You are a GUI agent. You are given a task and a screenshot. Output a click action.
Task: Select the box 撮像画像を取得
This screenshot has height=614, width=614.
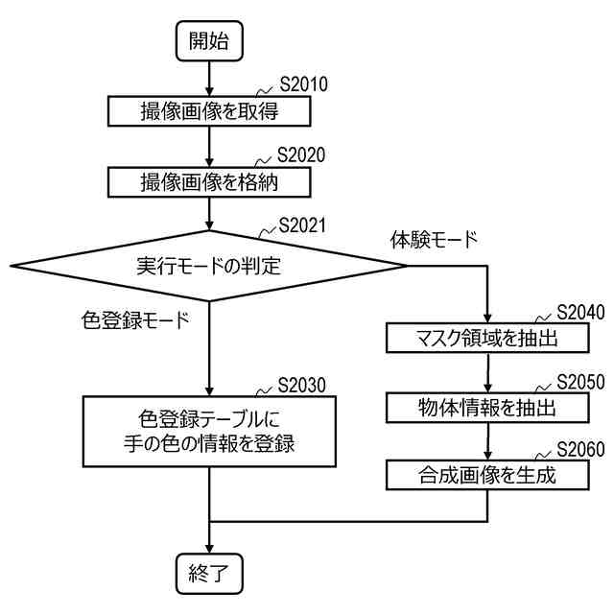(x=209, y=110)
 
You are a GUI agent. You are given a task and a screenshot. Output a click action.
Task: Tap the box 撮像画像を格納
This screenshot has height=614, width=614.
(x=209, y=180)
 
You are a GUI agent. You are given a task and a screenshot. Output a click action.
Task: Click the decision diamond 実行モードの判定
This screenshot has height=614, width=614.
(x=209, y=266)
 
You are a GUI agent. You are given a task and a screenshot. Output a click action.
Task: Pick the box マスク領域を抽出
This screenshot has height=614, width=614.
(x=487, y=338)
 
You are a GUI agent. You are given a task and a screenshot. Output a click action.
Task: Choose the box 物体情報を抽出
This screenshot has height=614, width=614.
(x=487, y=407)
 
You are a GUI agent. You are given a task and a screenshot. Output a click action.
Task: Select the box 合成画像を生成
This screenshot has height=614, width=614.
(x=487, y=474)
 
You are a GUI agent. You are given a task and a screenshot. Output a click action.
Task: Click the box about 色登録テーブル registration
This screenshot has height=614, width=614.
(x=209, y=430)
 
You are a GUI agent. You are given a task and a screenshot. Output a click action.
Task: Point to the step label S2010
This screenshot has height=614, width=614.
(x=302, y=84)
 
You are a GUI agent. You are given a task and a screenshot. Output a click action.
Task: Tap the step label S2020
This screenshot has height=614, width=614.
(x=302, y=154)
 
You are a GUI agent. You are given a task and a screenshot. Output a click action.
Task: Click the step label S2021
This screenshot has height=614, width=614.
(x=302, y=226)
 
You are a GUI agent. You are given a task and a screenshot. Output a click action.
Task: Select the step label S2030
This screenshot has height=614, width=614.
(x=302, y=385)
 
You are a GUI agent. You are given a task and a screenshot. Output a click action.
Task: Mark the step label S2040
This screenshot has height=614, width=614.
(x=579, y=313)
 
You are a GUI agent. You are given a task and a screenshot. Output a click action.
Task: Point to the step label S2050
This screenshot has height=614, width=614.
(x=579, y=381)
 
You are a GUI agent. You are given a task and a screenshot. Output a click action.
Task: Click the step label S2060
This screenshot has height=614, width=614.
(x=579, y=449)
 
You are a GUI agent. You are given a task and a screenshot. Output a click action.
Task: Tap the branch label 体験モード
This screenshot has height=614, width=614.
(x=433, y=239)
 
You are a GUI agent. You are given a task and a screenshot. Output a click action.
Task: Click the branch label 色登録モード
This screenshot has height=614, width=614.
(x=135, y=319)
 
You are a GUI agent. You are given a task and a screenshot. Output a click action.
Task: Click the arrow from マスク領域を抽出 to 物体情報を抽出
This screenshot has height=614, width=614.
(x=487, y=372)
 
